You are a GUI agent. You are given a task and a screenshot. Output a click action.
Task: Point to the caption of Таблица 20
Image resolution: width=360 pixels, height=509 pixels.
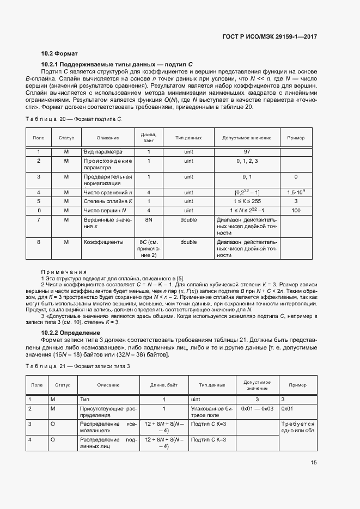pos(74,119)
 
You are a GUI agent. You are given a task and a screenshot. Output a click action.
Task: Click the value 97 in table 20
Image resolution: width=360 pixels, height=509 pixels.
pos(247,151)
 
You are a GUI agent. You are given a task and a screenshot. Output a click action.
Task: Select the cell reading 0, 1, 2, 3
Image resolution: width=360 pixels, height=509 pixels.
pos(247,161)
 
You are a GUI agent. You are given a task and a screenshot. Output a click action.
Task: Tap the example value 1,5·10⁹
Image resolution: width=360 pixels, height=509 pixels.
pos(296,193)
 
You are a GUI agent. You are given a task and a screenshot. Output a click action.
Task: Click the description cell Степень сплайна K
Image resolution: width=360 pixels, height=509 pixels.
pos(108,201)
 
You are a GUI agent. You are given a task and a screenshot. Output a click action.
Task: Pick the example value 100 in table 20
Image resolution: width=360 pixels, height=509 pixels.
pos(296,210)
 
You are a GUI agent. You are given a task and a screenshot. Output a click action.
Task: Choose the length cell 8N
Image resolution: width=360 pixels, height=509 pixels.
pos(149,219)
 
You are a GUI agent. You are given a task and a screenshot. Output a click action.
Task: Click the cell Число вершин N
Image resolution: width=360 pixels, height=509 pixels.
pos(105,210)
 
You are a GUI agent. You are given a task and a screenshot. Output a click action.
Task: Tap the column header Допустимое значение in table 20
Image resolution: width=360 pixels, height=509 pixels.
pos(247,138)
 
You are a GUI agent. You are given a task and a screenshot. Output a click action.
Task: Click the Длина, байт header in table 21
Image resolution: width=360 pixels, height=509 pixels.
pos(164,385)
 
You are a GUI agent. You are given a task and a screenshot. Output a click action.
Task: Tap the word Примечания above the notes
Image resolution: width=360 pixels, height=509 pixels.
pos(64,271)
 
